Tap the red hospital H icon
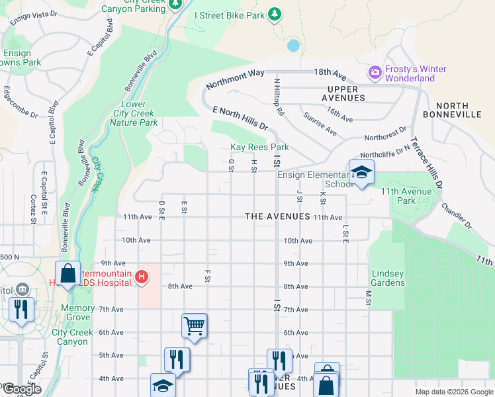[141, 278]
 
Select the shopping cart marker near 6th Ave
[195, 325]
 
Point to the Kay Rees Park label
[259, 147]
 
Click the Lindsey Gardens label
[388, 278]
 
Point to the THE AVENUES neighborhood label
[277, 216]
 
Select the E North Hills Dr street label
[240, 117]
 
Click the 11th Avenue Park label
[407, 196]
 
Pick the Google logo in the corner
[21, 389]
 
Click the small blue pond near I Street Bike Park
[293, 46]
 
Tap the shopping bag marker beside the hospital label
[68, 275]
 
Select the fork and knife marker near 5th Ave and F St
[177, 360]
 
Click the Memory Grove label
[77, 312]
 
